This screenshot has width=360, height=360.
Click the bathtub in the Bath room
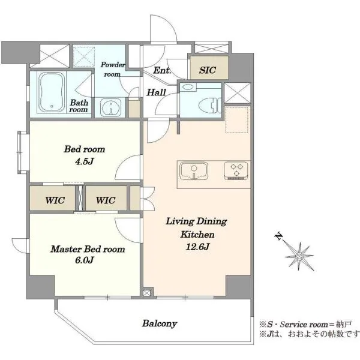coord(52,92)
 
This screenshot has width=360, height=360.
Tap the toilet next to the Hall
coord(209,106)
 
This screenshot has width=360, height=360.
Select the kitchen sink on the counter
coord(194,171)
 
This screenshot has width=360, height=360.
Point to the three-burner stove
coord(236,170)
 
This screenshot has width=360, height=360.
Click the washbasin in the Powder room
coord(111,107)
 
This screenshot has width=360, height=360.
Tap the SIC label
coord(208,70)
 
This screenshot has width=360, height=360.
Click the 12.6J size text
coord(197,247)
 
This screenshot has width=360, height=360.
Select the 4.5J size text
coord(84,161)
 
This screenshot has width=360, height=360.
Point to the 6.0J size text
coord(85,260)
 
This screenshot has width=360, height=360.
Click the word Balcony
coord(160,323)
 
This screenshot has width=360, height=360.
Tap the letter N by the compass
coord(279,236)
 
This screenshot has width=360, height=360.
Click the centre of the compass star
coord(299,256)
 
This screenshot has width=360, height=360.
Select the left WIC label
coord(55,200)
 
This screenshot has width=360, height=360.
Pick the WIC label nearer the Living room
coord(106,200)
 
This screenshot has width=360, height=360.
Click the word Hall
coord(157,92)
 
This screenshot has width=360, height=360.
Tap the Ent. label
coord(163,70)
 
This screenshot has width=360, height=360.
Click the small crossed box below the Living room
coord(146,293)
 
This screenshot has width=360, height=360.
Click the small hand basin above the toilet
coord(188,87)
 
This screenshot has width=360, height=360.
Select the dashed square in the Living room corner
coord(237,119)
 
